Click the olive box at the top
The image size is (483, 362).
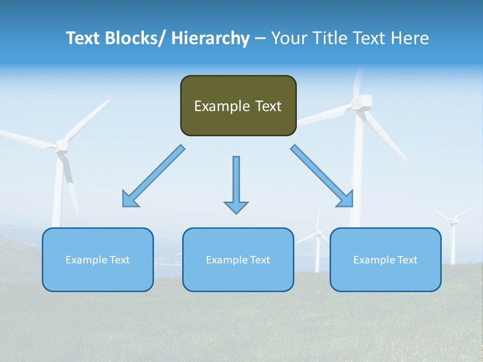click(x=238, y=106)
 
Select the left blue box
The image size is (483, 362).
click(x=98, y=259)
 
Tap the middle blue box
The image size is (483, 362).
click(x=238, y=259)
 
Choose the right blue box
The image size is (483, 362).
click(x=385, y=259)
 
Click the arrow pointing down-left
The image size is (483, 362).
click(x=153, y=176)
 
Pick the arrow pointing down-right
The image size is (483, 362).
click(x=323, y=176)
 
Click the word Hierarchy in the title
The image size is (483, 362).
click(x=210, y=38)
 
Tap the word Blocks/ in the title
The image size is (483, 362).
click(x=136, y=38)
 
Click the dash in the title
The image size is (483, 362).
click(x=260, y=38)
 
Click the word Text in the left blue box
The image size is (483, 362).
click(x=119, y=259)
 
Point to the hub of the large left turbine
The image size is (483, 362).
click(x=61, y=146)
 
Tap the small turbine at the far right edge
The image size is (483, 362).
click(x=453, y=221)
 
